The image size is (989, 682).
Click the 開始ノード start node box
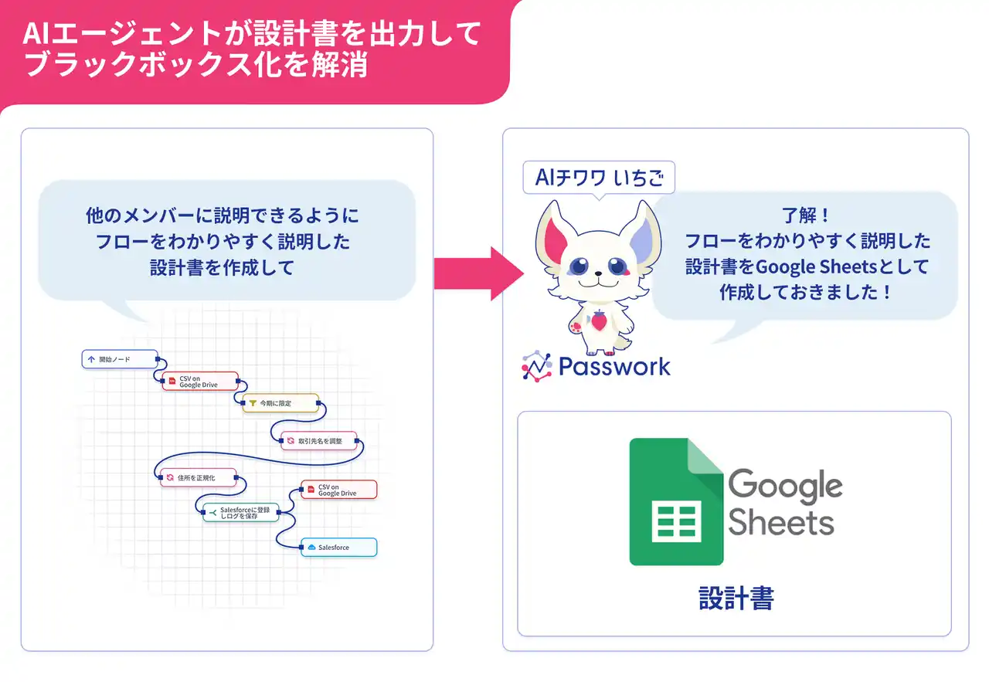(x=120, y=359)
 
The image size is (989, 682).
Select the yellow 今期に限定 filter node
(x=280, y=403)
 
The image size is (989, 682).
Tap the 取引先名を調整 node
(x=319, y=440)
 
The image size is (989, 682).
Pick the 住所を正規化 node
(x=199, y=477)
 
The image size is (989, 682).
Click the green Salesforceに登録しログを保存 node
(x=241, y=513)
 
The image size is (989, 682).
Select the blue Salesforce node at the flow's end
(x=339, y=548)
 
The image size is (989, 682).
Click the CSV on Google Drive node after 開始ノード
(x=200, y=382)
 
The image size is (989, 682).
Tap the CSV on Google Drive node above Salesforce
(x=339, y=490)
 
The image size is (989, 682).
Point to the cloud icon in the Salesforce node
(x=311, y=548)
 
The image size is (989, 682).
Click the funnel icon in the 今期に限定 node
(x=253, y=403)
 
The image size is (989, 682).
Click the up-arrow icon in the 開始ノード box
(x=91, y=359)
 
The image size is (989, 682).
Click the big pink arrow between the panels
(x=479, y=273)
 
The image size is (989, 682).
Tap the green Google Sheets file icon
(x=676, y=501)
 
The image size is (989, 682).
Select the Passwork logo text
(x=614, y=366)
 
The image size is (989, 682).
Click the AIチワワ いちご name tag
(x=599, y=178)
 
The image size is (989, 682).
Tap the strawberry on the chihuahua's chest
(x=599, y=320)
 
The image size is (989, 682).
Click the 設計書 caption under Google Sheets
(x=736, y=598)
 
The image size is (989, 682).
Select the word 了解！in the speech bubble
(x=807, y=215)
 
